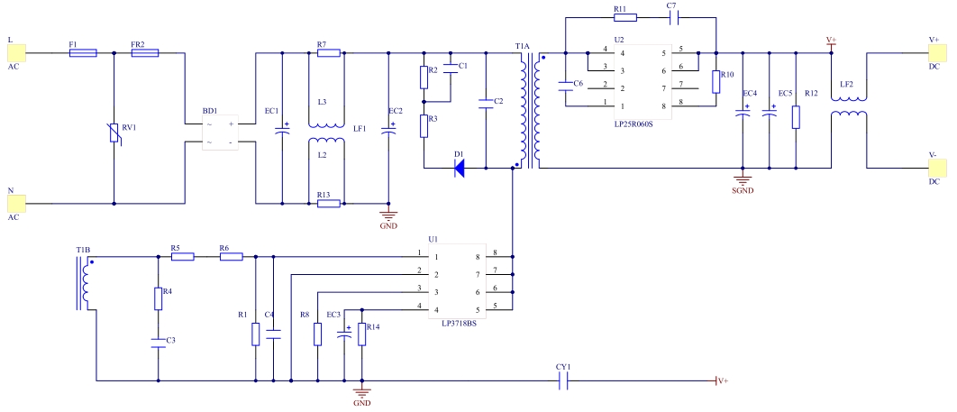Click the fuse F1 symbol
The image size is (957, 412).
click(x=83, y=52)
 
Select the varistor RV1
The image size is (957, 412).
click(x=114, y=133)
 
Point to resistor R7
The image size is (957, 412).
click(x=328, y=52)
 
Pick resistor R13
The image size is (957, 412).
click(x=328, y=204)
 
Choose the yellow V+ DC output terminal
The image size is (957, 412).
click(x=940, y=53)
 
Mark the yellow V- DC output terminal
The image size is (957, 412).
click(x=940, y=168)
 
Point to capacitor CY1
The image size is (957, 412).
click(x=564, y=381)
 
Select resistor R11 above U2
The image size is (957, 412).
click(x=624, y=16)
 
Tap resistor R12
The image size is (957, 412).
click(x=796, y=117)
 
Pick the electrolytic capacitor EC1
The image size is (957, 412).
click(x=281, y=129)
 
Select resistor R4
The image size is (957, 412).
click(x=158, y=298)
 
